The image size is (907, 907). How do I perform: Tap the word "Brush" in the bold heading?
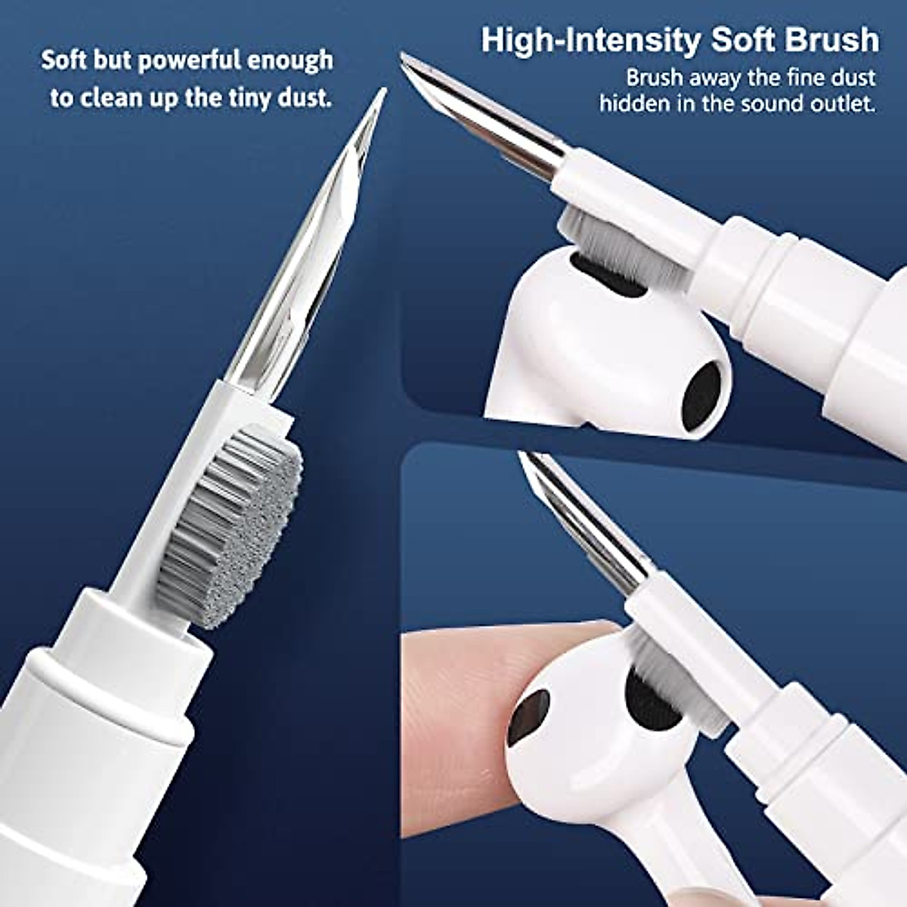tap(831, 39)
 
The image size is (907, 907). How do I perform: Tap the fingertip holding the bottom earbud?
tap(453, 680)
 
